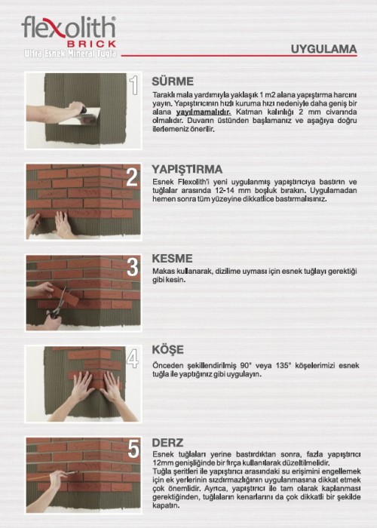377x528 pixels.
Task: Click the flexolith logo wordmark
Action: [x=69, y=27]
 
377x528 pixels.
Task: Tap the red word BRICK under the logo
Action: [x=92, y=44]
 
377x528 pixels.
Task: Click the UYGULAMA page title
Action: [x=323, y=49]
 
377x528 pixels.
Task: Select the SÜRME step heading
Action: [x=173, y=81]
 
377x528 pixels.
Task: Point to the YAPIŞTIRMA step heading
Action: [x=187, y=169]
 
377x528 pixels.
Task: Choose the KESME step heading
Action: [x=173, y=258]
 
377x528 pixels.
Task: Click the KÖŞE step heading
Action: [x=168, y=349]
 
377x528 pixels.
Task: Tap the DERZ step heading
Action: [x=167, y=443]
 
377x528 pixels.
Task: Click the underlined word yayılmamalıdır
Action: [x=204, y=112]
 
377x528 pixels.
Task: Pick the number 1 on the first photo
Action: [x=134, y=84]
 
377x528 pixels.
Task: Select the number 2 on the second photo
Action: [x=132, y=177]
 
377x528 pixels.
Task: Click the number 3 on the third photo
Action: [x=132, y=267]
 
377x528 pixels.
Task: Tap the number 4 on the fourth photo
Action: [x=132, y=358]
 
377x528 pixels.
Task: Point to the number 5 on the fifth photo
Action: [x=133, y=449]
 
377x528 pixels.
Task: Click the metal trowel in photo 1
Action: [x=81, y=116]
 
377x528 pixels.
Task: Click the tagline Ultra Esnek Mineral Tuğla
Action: [x=70, y=54]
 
